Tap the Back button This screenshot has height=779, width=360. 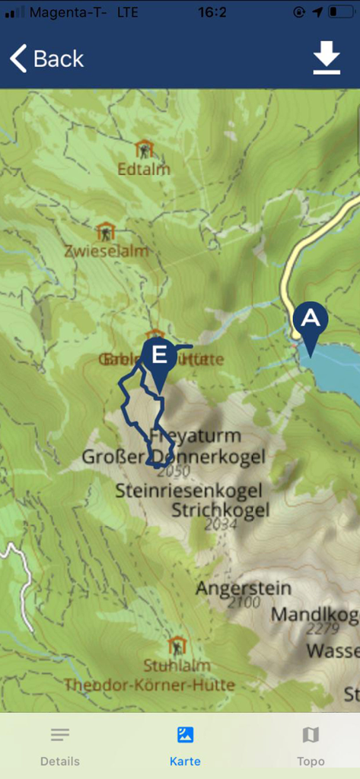pyautogui.click(x=47, y=59)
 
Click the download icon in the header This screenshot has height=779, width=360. pyautogui.click(x=327, y=59)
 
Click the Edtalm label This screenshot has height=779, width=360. pyautogui.click(x=144, y=169)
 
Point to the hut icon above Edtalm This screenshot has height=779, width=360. pyautogui.click(x=144, y=148)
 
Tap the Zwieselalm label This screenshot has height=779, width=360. pyautogui.click(x=106, y=250)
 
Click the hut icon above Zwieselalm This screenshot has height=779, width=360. pyautogui.click(x=106, y=231)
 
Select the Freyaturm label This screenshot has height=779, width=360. pyautogui.click(x=196, y=436)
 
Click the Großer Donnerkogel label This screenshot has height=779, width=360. pyautogui.click(x=174, y=456)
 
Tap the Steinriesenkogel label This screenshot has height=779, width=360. pyautogui.click(x=189, y=491)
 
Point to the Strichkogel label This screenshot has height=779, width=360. pyautogui.click(x=220, y=509)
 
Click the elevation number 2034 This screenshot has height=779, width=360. pyautogui.click(x=221, y=524)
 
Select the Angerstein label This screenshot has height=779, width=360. pyautogui.click(x=244, y=588)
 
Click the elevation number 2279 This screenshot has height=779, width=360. pyautogui.click(x=323, y=629)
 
